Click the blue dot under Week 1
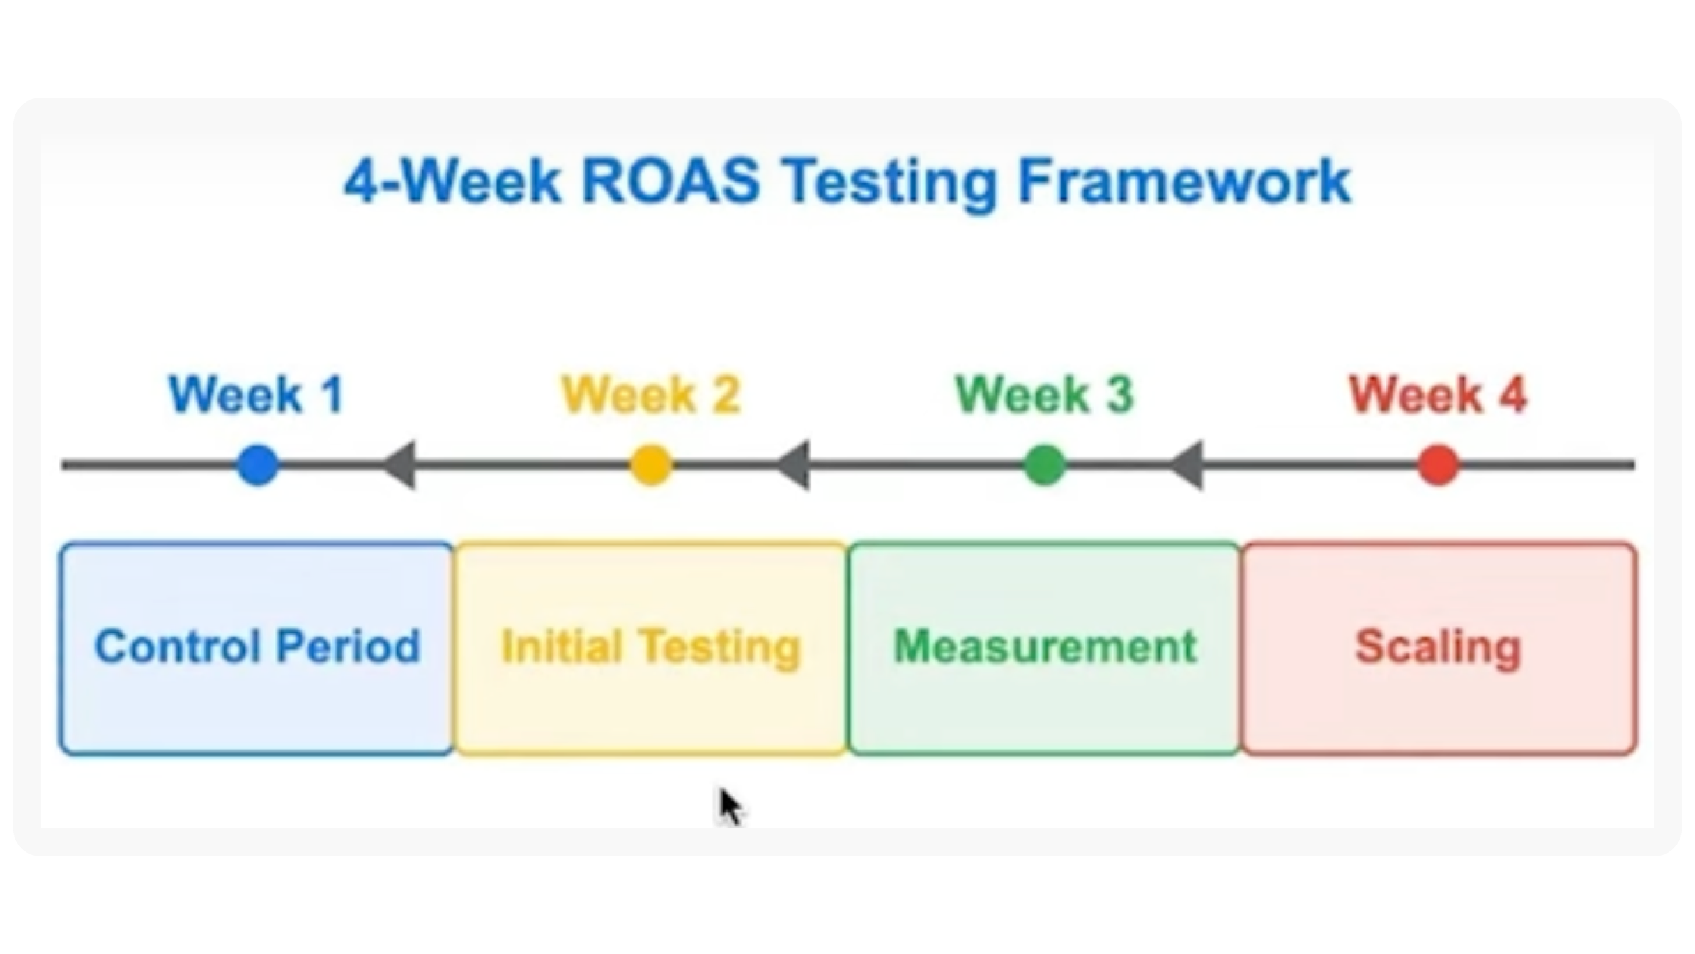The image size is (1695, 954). pyautogui.click(x=258, y=465)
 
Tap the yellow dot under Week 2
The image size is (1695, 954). pyautogui.click(x=651, y=465)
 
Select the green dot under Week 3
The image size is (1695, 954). pyautogui.click(x=1045, y=465)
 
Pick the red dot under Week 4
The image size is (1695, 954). pyautogui.click(x=1439, y=465)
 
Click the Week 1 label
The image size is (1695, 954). pyautogui.click(x=256, y=395)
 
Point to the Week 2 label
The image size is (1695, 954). pyautogui.click(x=651, y=395)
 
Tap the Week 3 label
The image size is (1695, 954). pyautogui.click(x=1045, y=395)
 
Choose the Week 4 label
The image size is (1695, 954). pyautogui.click(x=1439, y=395)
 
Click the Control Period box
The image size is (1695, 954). pyautogui.click(x=256, y=649)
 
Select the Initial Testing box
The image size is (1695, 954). pyautogui.click(x=651, y=649)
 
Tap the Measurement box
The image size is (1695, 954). pyautogui.click(x=1045, y=649)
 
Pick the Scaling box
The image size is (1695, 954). pyautogui.click(x=1439, y=649)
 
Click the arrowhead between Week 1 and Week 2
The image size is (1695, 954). pyautogui.click(x=400, y=465)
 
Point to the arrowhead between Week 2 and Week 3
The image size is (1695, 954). pyautogui.click(x=794, y=465)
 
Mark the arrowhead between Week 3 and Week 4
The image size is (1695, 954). pyautogui.click(x=1187, y=465)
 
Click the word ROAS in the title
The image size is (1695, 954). pyautogui.click(x=670, y=181)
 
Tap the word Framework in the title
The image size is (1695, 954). pyautogui.click(x=1184, y=181)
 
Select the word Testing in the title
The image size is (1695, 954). pyautogui.click(x=889, y=183)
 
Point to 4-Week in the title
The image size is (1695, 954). pyautogui.click(x=452, y=181)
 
